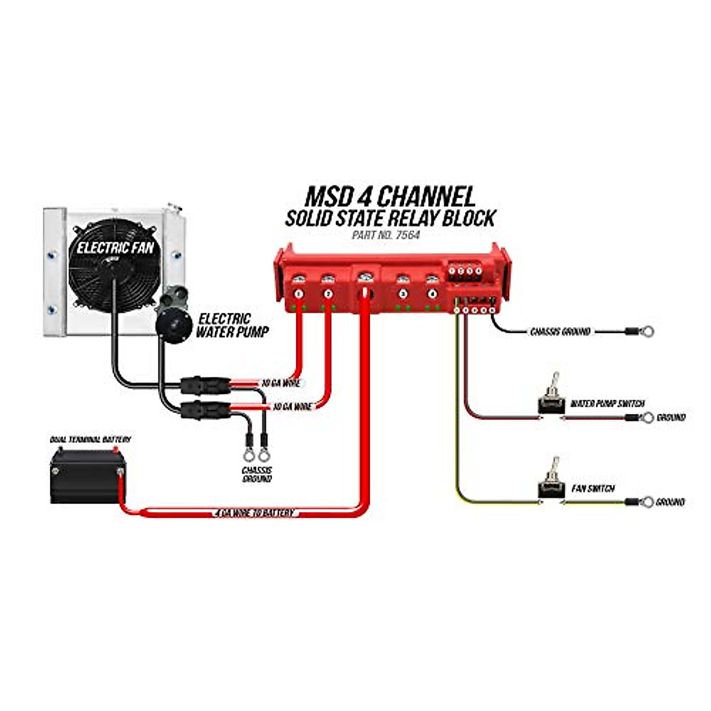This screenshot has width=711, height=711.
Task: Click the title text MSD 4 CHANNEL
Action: click(x=389, y=196)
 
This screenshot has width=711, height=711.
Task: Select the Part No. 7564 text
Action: click(x=387, y=235)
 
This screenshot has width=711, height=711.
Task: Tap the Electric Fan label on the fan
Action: click(x=115, y=248)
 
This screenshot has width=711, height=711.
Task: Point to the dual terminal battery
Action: click(x=87, y=476)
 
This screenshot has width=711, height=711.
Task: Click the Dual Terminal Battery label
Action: click(x=90, y=440)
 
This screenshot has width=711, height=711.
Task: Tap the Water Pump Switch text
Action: click(x=607, y=404)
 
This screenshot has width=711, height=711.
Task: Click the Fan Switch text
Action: click(x=593, y=489)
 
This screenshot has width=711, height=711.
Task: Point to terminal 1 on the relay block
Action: click(x=299, y=293)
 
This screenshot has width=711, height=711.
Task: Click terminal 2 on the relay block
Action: click(x=328, y=293)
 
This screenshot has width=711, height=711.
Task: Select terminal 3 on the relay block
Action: click(x=403, y=293)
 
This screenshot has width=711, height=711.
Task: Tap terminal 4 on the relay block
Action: click(x=433, y=293)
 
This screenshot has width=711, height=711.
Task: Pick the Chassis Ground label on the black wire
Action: click(x=560, y=332)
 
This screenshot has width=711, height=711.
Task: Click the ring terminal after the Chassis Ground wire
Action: click(x=646, y=331)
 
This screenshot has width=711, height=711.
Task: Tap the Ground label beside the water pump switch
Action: click(x=671, y=418)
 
